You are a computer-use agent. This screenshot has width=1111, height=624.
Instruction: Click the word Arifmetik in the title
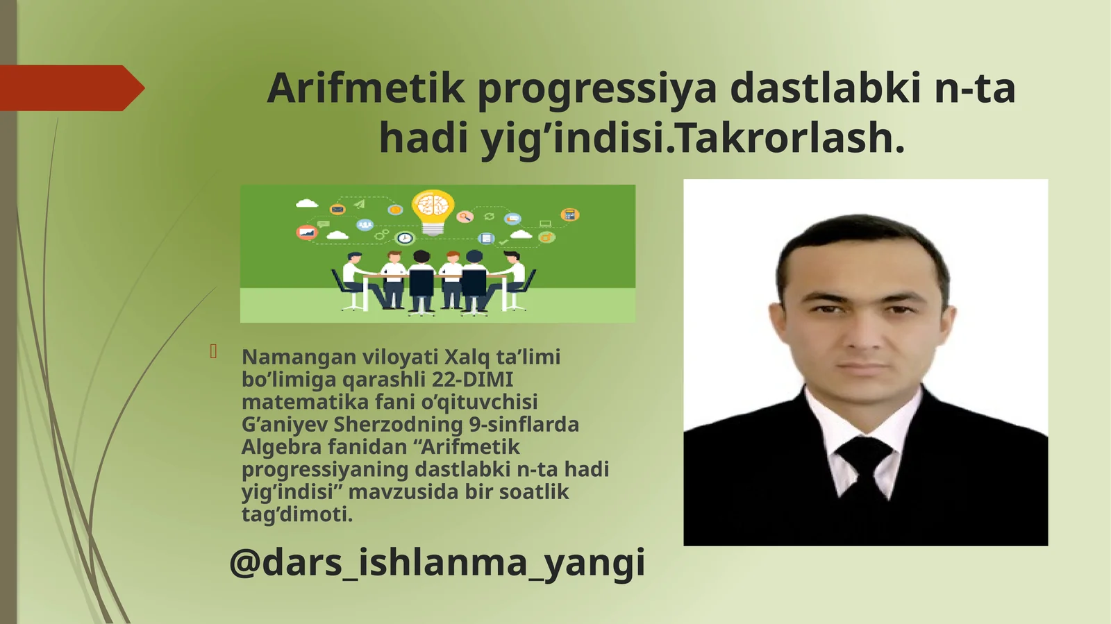click(x=365, y=88)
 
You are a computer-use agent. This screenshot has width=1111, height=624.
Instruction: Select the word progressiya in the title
click(x=596, y=89)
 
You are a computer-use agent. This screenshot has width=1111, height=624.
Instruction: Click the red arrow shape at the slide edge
click(x=69, y=88)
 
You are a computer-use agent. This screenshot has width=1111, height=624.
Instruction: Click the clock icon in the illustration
click(x=405, y=238)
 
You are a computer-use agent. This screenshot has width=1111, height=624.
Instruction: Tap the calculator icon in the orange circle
click(x=569, y=214)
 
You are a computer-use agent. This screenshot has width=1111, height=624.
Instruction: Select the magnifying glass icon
click(x=465, y=217)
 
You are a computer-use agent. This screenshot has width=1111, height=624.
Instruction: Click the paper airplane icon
click(x=359, y=204)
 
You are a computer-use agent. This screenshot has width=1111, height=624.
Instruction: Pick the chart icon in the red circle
click(x=306, y=233)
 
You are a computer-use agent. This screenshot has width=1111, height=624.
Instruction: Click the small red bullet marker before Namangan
click(x=214, y=352)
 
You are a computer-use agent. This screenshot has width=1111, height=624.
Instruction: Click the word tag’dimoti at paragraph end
click(x=297, y=514)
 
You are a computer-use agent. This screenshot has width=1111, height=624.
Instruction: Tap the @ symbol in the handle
click(x=244, y=562)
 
